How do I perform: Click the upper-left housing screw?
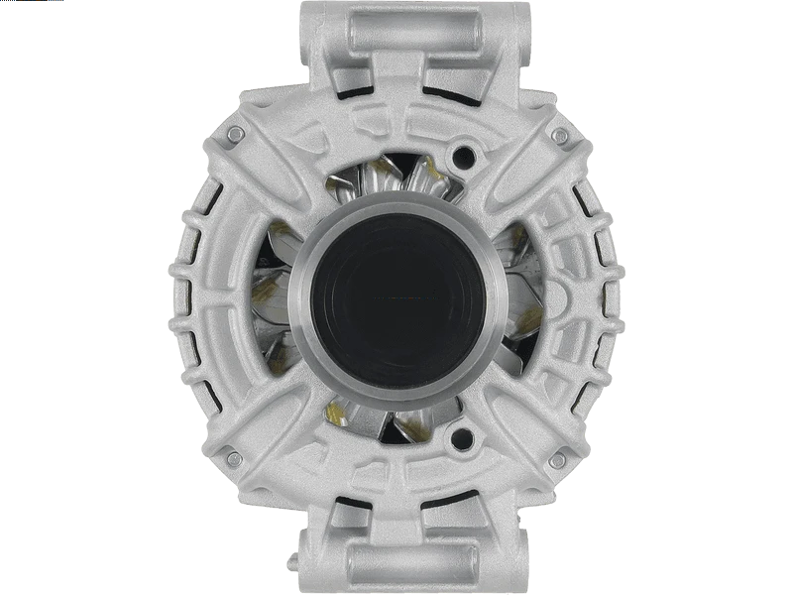click(234, 134)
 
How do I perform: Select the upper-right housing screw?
click(559, 135)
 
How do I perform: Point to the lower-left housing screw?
click(233, 459)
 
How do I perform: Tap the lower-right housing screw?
click(559, 459)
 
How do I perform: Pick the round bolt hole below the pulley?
click(459, 436)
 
